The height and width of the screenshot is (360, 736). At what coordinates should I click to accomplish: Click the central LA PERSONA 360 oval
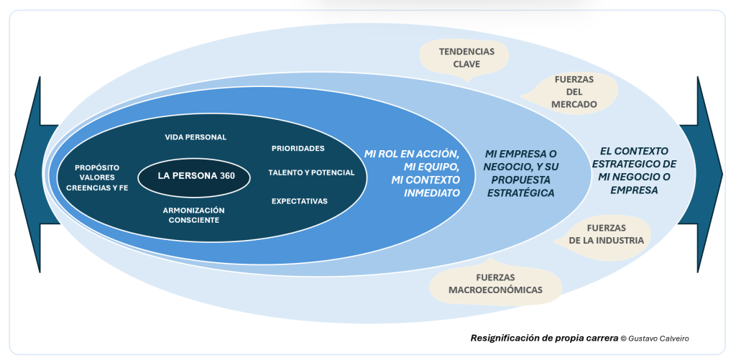click(194, 175)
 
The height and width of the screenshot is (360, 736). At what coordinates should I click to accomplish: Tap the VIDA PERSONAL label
click(195, 137)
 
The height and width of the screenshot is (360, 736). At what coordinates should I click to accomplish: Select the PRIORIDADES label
click(298, 149)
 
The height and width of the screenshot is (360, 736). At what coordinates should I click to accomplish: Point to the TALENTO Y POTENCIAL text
click(311, 172)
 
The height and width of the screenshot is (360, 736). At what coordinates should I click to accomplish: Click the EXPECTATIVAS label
click(300, 201)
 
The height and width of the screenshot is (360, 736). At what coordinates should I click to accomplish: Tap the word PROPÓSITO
click(97, 167)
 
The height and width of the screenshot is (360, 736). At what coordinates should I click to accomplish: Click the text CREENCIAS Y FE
click(97, 188)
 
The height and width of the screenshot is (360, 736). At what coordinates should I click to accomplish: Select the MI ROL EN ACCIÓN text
click(411, 154)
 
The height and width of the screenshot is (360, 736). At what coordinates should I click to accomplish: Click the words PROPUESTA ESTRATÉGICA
click(523, 187)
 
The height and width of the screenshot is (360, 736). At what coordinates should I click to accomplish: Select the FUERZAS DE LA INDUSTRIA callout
click(605, 234)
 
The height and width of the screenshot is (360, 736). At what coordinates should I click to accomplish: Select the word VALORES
click(97, 177)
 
